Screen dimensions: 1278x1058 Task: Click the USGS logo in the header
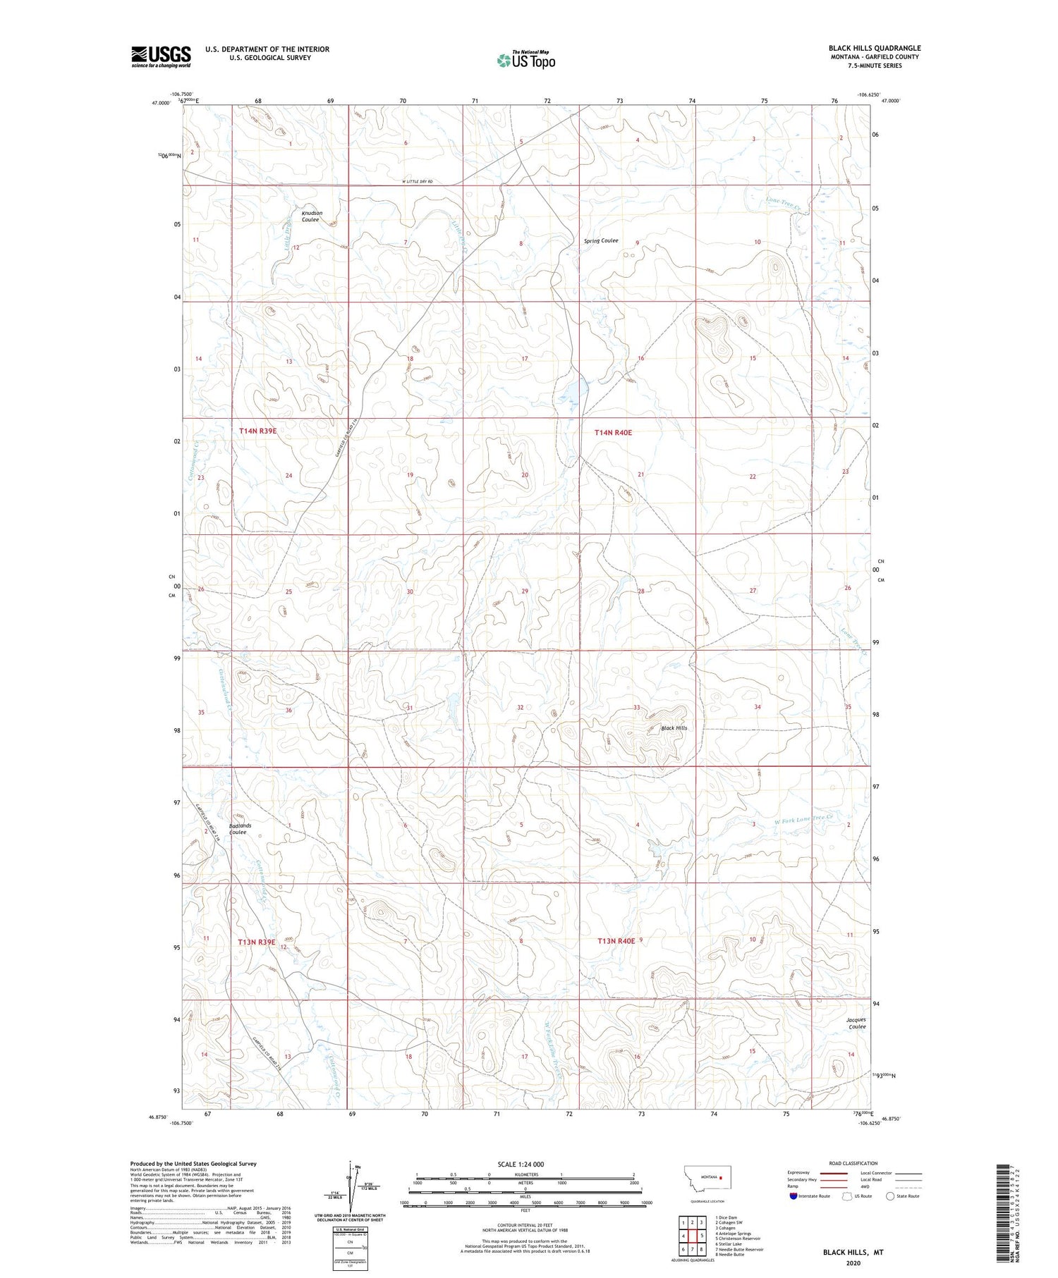(x=161, y=56)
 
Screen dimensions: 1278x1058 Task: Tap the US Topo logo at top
(x=525, y=61)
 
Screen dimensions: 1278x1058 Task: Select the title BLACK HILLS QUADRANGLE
(x=875, y=48)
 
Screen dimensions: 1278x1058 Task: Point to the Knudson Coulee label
(x=312, y=216)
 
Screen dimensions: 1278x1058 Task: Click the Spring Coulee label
(x=601, y=241)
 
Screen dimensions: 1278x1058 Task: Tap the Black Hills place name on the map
(x=674, y=728)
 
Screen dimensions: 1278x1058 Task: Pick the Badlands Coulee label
(x=240, y=829)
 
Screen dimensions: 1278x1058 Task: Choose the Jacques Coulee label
(x=857, y=1024)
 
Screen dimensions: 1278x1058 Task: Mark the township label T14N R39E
(x=257, y=431)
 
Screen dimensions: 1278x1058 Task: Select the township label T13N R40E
(x=616, y=941)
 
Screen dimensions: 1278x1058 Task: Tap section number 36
(x=288, y=711)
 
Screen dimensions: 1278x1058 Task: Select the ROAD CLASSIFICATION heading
(x=853, y=1163)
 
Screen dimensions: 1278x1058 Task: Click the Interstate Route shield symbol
(x=793, y=1196)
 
